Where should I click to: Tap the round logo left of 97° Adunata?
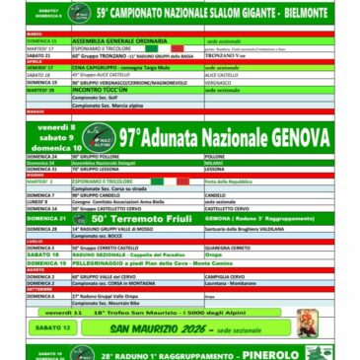pyautogui.click(x=97, y=139)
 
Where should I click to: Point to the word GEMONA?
pyautogui.click(x=223, y=217)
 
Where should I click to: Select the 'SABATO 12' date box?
pyautogui.click(x=51, y=327)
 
